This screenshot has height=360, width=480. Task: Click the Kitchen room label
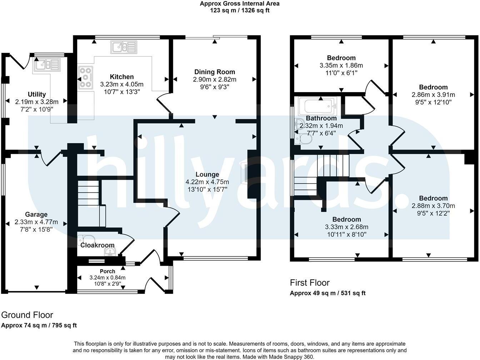click(122, 77)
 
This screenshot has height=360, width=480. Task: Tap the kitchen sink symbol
click(124, 47)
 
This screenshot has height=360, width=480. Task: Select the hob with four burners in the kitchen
click(85, 77)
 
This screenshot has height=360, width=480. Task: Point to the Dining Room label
click(214, 72)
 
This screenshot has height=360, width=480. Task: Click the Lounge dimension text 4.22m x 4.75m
click(207, 182)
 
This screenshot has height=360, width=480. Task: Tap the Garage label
click(36, 215)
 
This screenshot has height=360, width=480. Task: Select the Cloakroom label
click(97, 245)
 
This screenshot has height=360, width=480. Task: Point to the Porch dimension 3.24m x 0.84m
click(107, 277)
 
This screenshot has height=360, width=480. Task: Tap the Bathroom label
click(321, 118)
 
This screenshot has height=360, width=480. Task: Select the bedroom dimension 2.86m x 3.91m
click(433, 95)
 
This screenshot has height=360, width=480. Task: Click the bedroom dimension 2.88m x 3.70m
click(433, 206)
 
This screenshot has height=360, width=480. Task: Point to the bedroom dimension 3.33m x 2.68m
click(346, 227)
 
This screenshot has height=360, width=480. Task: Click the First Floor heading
click(310, 283)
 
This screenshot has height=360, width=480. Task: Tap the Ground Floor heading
click(27, 315)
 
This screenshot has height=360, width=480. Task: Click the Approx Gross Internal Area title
click(239, 4)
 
